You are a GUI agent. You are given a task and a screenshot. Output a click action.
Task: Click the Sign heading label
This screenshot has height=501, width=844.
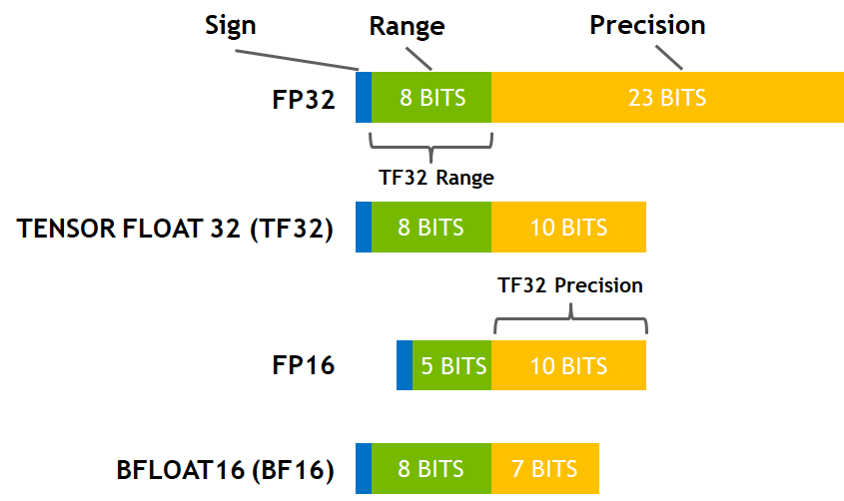click(231, 25)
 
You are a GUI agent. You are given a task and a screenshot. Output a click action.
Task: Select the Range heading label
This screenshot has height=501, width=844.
click(407, 25)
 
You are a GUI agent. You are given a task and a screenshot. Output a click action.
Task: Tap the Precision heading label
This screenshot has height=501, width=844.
click(647, 25)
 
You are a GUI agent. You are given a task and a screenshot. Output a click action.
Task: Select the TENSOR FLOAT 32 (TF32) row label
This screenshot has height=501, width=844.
click(175, 228)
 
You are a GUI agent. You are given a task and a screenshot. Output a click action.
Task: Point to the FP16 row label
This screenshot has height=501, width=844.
click(303, 365)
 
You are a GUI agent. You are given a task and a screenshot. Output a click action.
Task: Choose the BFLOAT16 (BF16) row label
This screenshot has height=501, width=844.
click(225, 469)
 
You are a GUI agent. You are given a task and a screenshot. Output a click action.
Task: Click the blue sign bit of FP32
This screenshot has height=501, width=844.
click(364, 98)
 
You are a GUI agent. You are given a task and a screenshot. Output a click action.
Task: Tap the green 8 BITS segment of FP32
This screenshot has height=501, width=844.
click(430, 98)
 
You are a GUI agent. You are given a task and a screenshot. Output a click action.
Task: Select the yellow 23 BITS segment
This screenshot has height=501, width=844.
click(667, 98)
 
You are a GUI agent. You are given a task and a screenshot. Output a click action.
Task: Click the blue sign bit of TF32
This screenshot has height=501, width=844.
click(364, 228)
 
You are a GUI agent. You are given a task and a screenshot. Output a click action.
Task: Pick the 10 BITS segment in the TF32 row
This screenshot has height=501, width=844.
click(568, 228)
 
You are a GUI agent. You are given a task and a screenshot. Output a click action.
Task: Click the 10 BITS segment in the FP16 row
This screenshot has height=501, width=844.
click(568, 365)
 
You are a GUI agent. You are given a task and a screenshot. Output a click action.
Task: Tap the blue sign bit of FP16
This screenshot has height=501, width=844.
click(404, 365)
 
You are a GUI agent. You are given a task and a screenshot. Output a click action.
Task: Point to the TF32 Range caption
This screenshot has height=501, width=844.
click(436, 177)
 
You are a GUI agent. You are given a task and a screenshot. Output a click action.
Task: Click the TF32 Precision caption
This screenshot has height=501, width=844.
click(570, 285)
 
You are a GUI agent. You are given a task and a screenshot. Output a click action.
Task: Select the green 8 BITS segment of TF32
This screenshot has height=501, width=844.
click(430, 228)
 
